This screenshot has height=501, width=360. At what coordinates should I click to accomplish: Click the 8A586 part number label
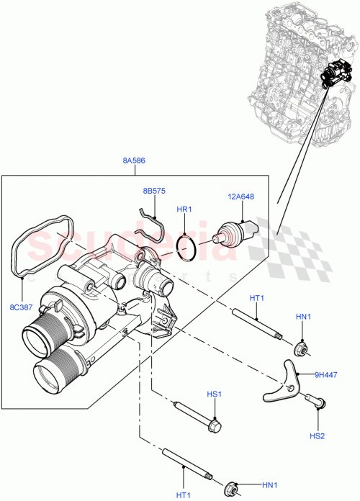(x=133, y=161)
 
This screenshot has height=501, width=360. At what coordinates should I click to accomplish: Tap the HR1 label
(x=186, y=210)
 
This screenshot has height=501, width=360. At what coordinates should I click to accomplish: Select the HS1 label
(x=214, y=394)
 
